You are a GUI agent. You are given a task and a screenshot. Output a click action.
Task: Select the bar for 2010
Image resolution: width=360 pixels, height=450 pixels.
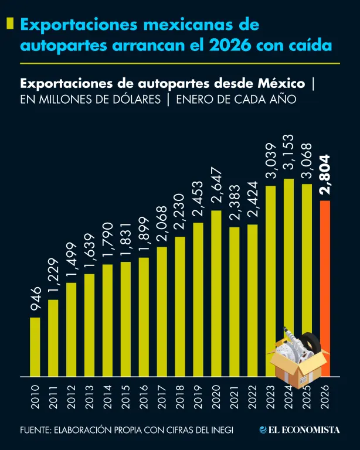point(35,347)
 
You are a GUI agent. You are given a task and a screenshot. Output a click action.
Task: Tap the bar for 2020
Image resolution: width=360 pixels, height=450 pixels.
point(216,293)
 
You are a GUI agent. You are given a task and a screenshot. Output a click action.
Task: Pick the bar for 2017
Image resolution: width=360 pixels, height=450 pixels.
point(162,311)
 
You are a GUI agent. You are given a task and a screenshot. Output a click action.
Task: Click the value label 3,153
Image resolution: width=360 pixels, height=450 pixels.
point(289,156)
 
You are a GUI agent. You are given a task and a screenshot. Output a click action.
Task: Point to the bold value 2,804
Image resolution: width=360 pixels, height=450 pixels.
point(326,174)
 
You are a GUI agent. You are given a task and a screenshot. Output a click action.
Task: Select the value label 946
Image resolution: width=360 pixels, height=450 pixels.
point(35,299)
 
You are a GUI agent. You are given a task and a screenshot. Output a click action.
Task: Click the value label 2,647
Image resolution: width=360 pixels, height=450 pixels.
point(216,185)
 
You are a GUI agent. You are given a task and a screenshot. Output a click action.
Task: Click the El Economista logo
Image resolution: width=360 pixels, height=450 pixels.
point(300,429)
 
